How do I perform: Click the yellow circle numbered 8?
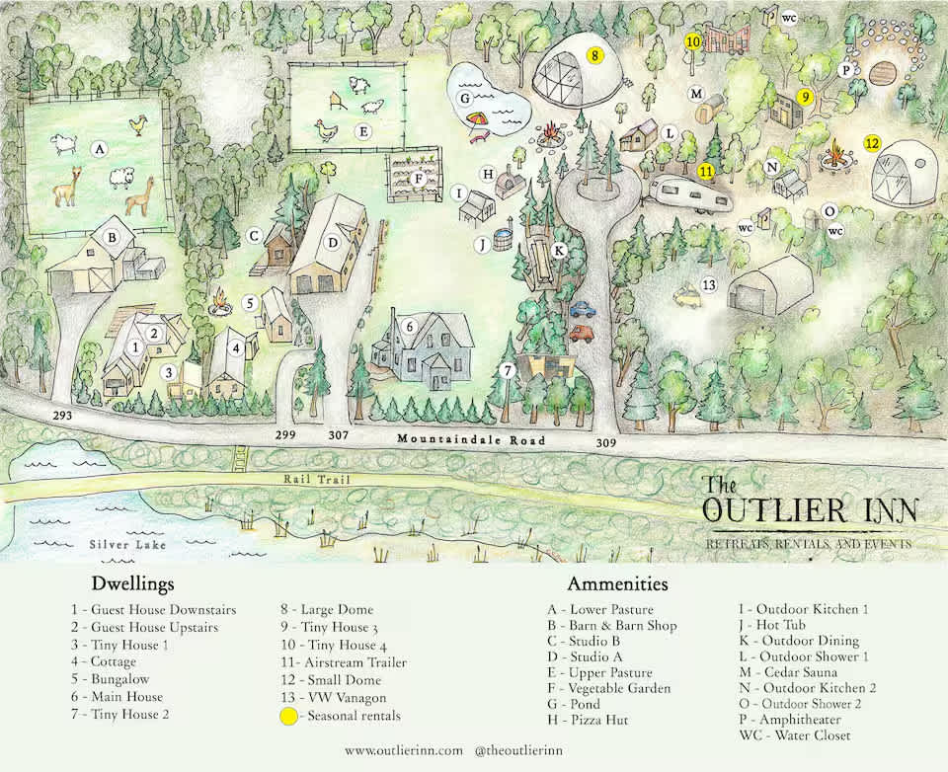tap(594, 55)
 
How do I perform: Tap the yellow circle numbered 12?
tap(872, 142)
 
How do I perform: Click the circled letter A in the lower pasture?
tap(98, 149)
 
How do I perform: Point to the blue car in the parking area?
tap(582, 309)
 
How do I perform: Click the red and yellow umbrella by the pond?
tap(477, 120)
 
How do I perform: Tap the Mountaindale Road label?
tap(459, 437)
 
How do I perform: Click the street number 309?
tap(606, 443)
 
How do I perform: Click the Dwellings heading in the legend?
tap(133, 583)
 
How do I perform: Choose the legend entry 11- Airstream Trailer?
tap(343, 662)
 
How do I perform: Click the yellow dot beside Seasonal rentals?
tap(288, 717)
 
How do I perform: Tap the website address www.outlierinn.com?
tap(404, 751)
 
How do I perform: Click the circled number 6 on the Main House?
tap(409, 326)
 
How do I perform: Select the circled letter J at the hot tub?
tap(483, 243)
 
